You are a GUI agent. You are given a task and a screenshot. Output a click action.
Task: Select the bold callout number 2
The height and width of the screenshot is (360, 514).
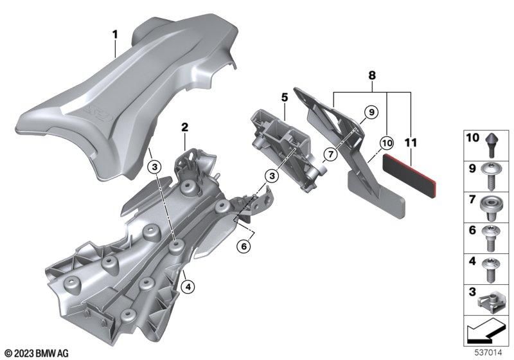[x=184, y=128]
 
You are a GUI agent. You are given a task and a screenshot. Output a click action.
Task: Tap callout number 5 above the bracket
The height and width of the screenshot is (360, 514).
[x=283, y=97]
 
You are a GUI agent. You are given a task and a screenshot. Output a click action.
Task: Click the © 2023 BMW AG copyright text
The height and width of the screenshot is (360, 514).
[x=36, y=353]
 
